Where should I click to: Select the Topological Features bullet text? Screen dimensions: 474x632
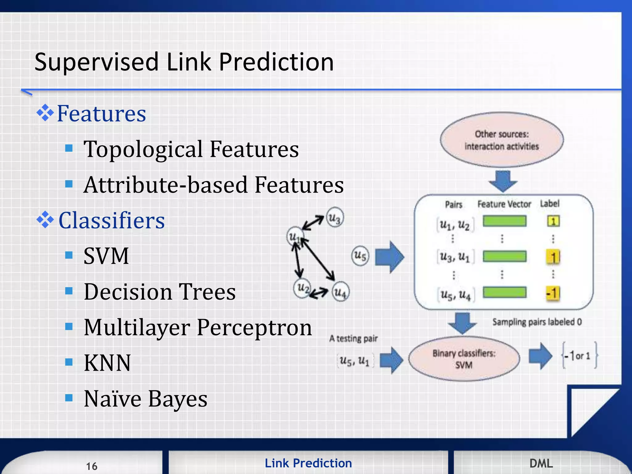coord(191,149)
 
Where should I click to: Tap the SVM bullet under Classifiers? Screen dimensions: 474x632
coord(106,256)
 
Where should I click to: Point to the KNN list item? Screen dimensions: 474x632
coord(107,363)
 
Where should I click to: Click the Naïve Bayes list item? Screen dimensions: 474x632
coord(145,399)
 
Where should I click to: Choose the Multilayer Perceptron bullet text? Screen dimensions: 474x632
coord(197,327)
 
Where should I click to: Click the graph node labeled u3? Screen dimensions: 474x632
coord(335,218)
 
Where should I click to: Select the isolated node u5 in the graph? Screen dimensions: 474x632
coord(360,256)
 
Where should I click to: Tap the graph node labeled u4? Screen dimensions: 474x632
coord(341,292)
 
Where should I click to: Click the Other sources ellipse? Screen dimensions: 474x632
coord(502,140)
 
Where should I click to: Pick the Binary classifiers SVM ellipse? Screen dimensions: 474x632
coord(464,359)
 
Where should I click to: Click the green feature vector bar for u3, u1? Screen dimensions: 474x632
coord(505,256)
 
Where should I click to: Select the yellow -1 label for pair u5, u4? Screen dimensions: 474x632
coord(553,293)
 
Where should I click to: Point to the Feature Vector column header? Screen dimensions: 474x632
coord(504,204)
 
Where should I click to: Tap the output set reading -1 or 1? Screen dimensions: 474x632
coord(579,356)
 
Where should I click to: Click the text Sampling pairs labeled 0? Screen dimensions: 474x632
coord(537,322)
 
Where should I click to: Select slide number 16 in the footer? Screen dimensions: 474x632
coord(92,466)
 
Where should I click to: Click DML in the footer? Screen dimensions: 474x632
coord(541,463)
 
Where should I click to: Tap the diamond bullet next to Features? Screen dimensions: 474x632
coord(45,113)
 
